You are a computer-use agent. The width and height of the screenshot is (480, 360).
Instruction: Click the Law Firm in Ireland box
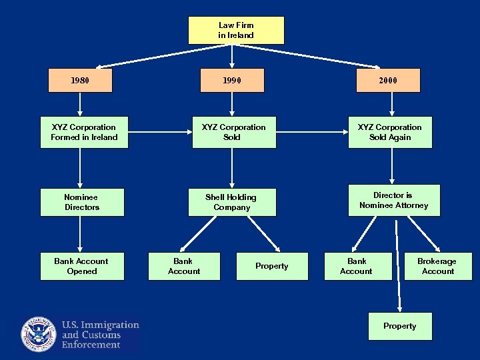coord(236,31)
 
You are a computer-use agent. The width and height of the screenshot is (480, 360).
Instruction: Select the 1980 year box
coord(80,81)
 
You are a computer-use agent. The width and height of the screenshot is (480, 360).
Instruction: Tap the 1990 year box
coord(231,81)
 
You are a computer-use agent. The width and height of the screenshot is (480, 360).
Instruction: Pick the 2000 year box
coord(387,81)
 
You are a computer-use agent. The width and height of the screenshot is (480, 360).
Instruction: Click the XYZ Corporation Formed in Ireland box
coord(84,133)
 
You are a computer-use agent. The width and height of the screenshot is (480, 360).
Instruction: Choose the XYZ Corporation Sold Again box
coord(389,133)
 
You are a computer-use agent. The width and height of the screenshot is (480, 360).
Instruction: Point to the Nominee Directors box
coord(81,202)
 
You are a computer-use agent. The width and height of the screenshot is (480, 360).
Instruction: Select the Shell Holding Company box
coord(231,202)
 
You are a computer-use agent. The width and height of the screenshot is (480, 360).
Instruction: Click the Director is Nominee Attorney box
coord(393,200)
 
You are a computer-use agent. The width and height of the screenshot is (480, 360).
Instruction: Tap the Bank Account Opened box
coord(81,266)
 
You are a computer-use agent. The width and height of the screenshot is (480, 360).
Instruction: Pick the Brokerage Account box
coord(437,266)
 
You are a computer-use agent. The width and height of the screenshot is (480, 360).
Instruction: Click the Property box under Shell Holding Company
coord(271,266)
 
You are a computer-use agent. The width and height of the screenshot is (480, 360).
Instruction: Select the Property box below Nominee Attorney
coord(399,326)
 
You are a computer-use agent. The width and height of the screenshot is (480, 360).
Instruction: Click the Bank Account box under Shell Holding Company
coord(184,266)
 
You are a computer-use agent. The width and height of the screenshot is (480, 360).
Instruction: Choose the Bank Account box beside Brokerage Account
coord(356,266)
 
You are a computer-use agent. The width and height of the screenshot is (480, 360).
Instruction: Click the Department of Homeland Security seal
coord(39,334)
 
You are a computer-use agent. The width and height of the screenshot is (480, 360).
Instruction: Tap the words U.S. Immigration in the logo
coord(100,325)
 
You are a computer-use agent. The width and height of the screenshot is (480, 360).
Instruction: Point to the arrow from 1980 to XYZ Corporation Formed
coord(80,105)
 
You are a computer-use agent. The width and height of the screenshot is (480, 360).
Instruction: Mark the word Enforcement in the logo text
coord(91,345)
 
